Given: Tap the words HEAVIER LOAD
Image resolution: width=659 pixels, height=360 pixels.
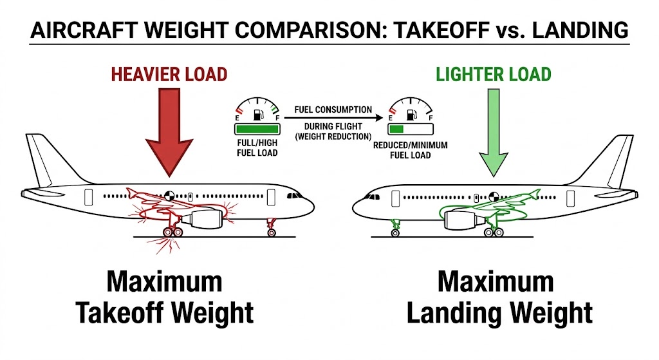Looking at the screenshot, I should coord(169,74).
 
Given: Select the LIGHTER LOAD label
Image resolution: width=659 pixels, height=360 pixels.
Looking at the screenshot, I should coord(494,74).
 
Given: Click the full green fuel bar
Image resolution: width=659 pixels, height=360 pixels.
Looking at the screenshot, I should coord(257,129).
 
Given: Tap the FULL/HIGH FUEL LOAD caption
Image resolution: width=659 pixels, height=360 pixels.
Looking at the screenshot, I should coord(257,147).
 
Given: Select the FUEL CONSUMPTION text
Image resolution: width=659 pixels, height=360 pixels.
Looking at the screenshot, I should coord(333,110).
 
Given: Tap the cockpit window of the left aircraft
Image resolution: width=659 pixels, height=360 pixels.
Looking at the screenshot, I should coord(294,195).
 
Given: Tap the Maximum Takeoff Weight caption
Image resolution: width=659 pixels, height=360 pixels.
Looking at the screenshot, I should coord(165,298).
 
